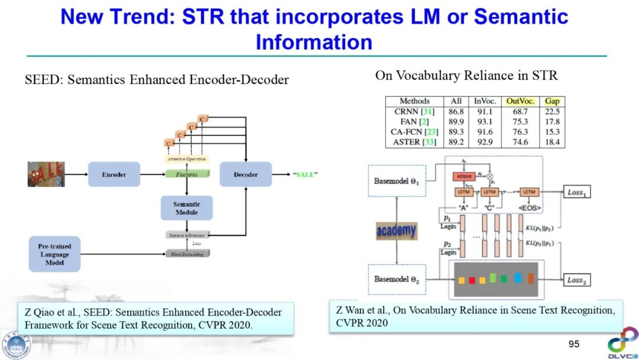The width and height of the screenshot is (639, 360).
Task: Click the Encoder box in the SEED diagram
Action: click(114, 175)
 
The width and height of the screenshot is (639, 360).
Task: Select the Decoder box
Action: click(246, 175)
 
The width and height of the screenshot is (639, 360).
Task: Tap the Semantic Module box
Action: click(186, 208)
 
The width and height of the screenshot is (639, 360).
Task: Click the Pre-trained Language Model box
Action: click(54, 254)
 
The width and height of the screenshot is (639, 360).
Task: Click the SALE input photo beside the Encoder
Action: click(46, 174)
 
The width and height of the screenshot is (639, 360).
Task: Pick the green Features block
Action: click(186, 174)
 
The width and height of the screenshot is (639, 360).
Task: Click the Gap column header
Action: click(552, 101)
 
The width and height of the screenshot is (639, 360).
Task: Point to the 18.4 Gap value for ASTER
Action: click(552, 143)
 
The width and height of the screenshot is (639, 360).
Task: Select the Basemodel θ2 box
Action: click(396, 279)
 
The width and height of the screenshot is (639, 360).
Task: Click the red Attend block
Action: click(464, 176)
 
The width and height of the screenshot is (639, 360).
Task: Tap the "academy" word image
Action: click(396, 230)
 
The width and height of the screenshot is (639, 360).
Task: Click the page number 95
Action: click(573, 344)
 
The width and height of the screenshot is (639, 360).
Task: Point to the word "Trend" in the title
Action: click(142, 17)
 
